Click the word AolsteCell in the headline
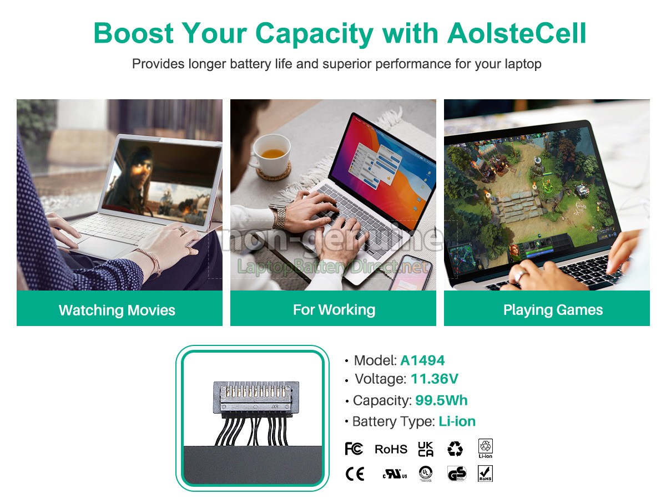point(516,33)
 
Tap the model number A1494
point(422,360)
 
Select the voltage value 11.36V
point(435,379)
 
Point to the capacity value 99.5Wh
point(441,400)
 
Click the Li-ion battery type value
point(457,421)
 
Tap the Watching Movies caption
point(117,310)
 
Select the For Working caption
point(334,309)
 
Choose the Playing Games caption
point(553,310)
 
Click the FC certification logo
point(354,449)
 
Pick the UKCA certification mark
point(425,449)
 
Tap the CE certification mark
point(355,474)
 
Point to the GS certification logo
point(457,474)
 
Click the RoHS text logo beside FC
point(391,449)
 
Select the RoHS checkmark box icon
point(485,473)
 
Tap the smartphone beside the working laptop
point(411,273)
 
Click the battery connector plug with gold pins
point(256,397)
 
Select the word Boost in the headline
point(134,33)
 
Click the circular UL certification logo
point(426,473)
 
